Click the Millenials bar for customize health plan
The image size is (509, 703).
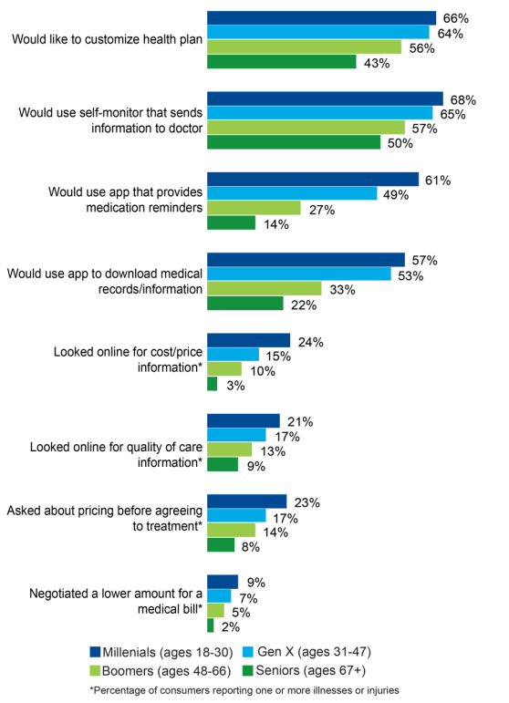click(321, 18)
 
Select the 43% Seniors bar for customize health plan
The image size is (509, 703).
click(282, 62)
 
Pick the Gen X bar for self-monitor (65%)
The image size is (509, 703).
click(320, 113)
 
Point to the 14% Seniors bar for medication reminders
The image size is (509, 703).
click(232, 223)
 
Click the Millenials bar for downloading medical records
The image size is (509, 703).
click(306, 260)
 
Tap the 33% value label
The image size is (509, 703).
click(341, 289)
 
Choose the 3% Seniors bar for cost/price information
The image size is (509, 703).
click(213, 384)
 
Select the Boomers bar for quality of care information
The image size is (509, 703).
click(230, 450)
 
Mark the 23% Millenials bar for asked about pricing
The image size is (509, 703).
click(247, 501)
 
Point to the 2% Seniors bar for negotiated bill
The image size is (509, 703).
click(211, 625)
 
